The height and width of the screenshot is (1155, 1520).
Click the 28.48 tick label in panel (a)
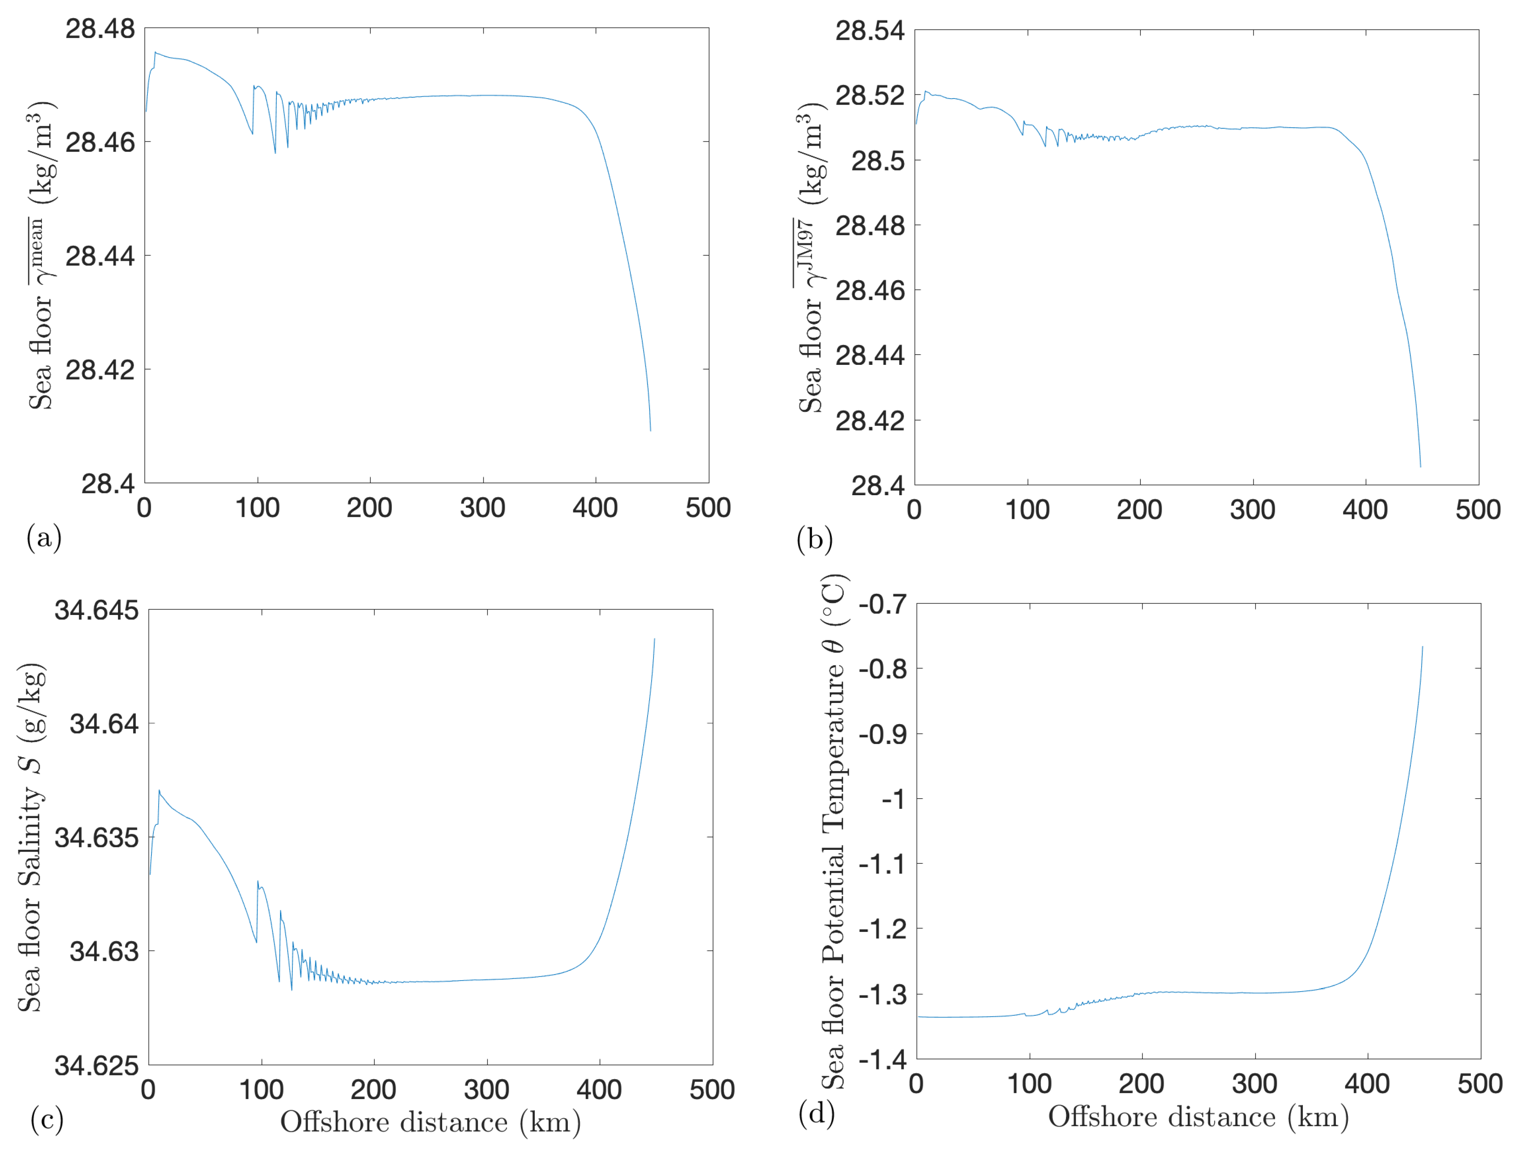pos(100,29)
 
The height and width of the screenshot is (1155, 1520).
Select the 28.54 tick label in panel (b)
pos(870,31)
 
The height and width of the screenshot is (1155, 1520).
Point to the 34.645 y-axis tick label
pos(96,610)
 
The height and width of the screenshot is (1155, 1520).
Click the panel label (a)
pos(44,537)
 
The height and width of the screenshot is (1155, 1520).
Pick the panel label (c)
pos(47,1119)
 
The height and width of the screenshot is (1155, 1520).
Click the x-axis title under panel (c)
pos(430,1122)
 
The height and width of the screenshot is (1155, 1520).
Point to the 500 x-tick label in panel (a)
pos(708,508)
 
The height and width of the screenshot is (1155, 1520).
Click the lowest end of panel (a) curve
pos(650,430)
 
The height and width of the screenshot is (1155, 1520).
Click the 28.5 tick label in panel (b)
pos(878,161)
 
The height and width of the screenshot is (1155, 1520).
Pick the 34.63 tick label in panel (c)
pos(104,951)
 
